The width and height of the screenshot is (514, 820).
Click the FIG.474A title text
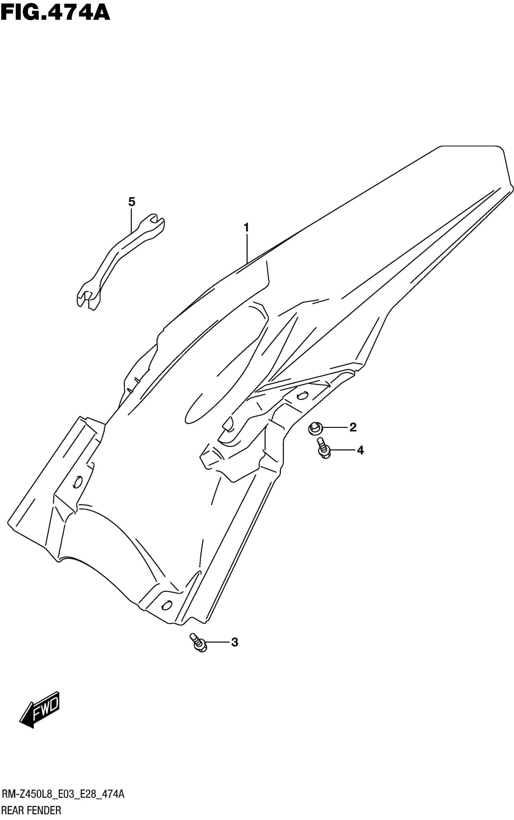point(55,13)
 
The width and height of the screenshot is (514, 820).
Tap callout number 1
point(246,227)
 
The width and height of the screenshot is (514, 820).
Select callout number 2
point(353,427)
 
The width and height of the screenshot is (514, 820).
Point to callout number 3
point(234,642)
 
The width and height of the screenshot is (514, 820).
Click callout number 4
point(360,451)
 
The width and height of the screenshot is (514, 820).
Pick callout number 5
point(132,202)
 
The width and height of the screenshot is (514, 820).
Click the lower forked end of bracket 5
point(87,298)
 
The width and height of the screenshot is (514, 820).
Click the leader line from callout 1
point(247,248)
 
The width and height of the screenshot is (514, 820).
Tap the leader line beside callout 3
point(218,642)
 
